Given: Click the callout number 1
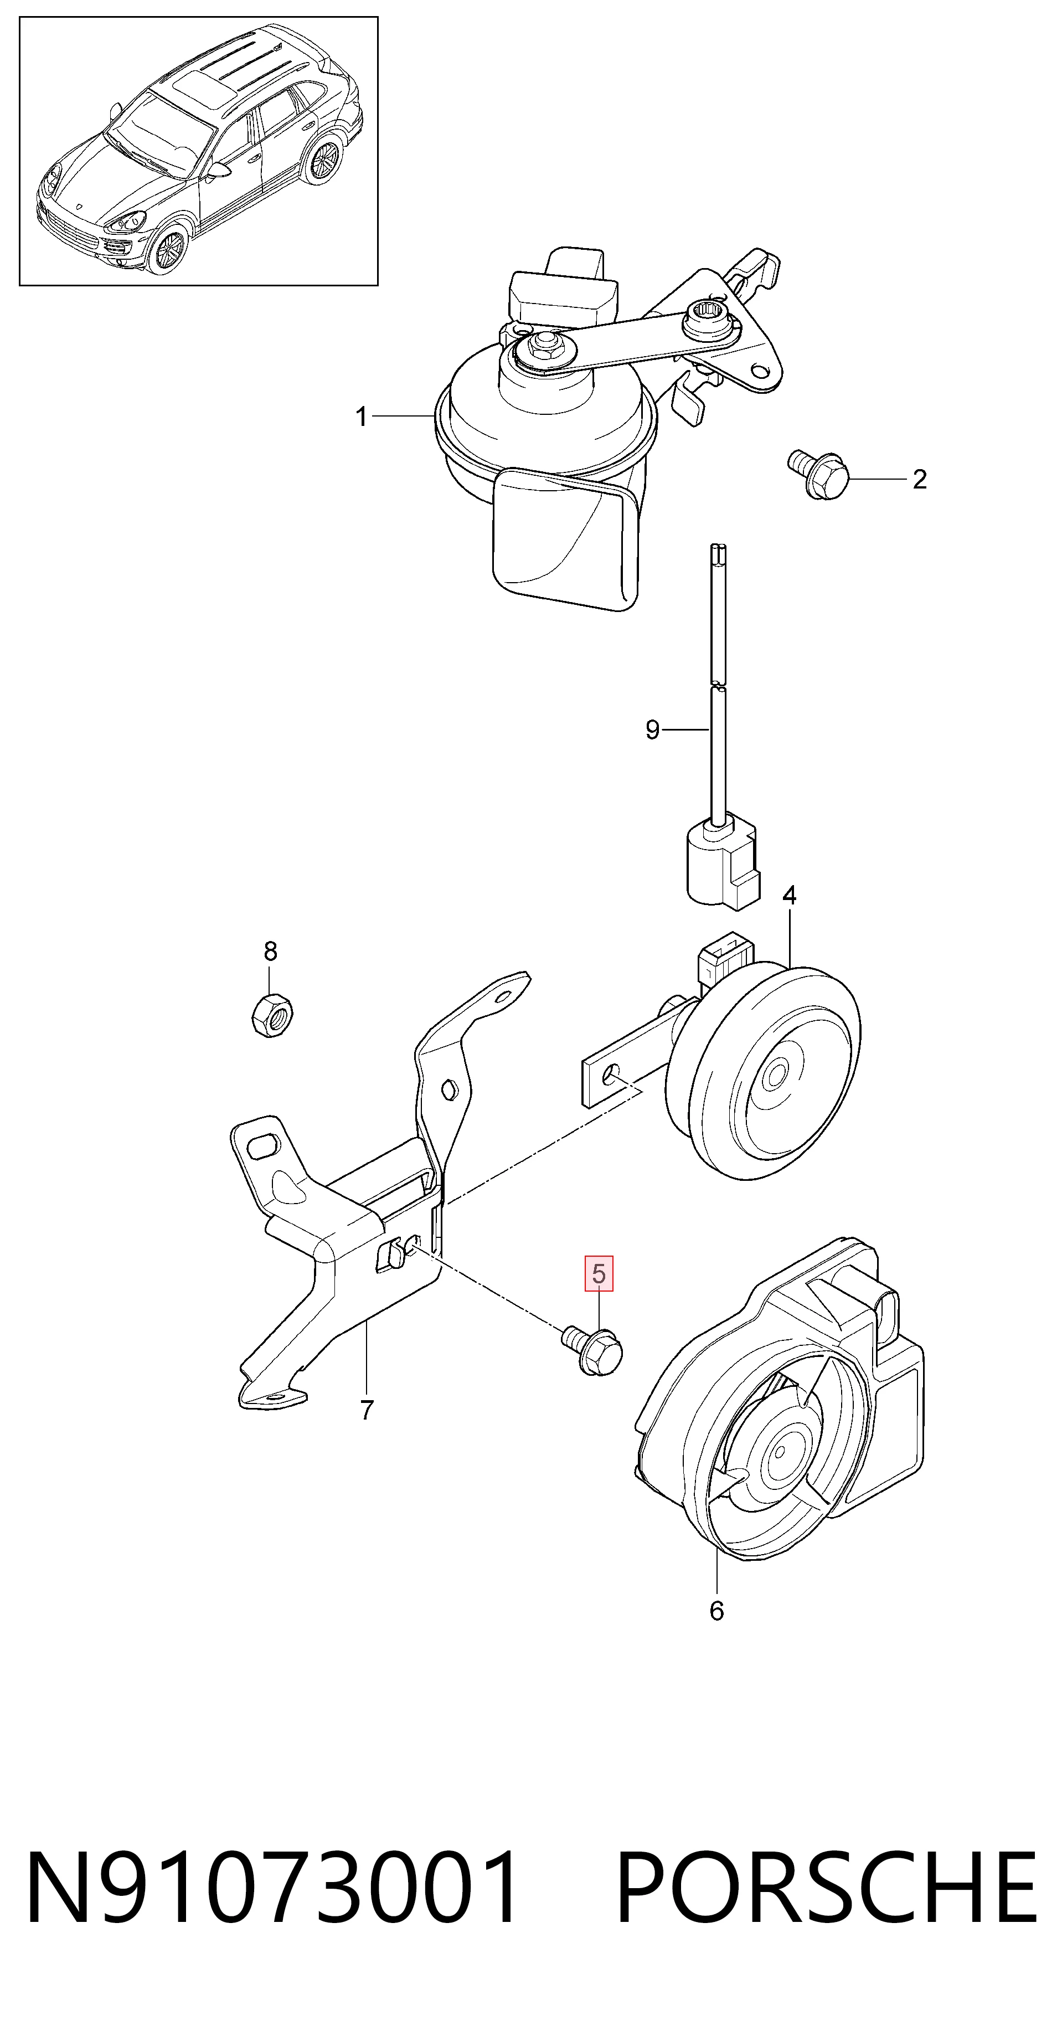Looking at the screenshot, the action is pos(361,417).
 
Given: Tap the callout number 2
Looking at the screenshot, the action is pos(920,479).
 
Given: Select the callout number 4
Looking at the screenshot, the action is pos(789,895).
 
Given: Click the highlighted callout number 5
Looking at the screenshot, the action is pos(599,1274).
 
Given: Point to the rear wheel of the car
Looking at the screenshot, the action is pos(323,160).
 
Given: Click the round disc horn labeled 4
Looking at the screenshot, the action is pos(764,1073).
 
